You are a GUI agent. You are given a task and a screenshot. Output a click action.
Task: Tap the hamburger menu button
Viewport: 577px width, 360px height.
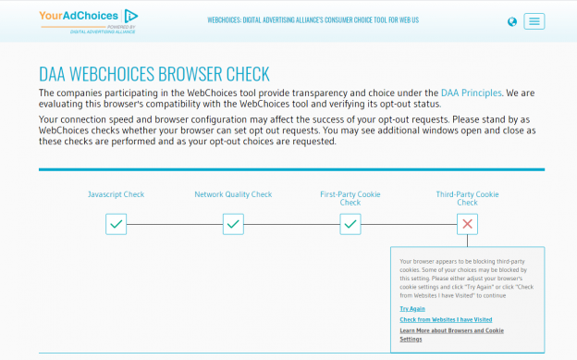click(x=534, y=21)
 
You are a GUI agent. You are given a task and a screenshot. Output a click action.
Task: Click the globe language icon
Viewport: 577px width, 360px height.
click(x=512, y=22)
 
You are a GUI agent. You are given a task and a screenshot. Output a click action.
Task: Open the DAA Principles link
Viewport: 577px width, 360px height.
click(x=472, y=93)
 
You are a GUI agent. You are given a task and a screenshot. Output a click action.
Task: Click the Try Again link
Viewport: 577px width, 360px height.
click(x=412, y=308)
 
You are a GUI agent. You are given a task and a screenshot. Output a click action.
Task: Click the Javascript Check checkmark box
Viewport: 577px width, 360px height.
click(x=116, y=224)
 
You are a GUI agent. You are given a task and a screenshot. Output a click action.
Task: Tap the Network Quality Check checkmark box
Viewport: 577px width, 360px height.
click(x=233, y=224)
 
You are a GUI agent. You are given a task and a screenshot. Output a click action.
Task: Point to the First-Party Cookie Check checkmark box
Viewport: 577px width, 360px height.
click(x=350, y=224)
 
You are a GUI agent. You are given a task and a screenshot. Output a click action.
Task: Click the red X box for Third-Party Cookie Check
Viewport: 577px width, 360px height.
click(x=468, y=224)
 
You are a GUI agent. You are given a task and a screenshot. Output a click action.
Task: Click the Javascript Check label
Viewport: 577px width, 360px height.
click(x=116, y=194)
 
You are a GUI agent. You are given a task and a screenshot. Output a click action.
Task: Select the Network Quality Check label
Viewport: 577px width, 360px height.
click(x=233, y=194)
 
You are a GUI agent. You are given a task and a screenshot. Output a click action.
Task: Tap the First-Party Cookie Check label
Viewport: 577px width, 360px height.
click(x=350, y=198)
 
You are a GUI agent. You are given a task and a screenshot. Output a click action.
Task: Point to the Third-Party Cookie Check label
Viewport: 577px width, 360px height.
click(x=468, y=198)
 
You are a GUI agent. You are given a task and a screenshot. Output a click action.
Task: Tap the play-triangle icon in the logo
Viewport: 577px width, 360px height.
click(x=131, y=15)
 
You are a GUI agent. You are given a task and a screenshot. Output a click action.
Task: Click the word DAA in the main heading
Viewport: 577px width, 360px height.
click(x=54, y=74)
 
